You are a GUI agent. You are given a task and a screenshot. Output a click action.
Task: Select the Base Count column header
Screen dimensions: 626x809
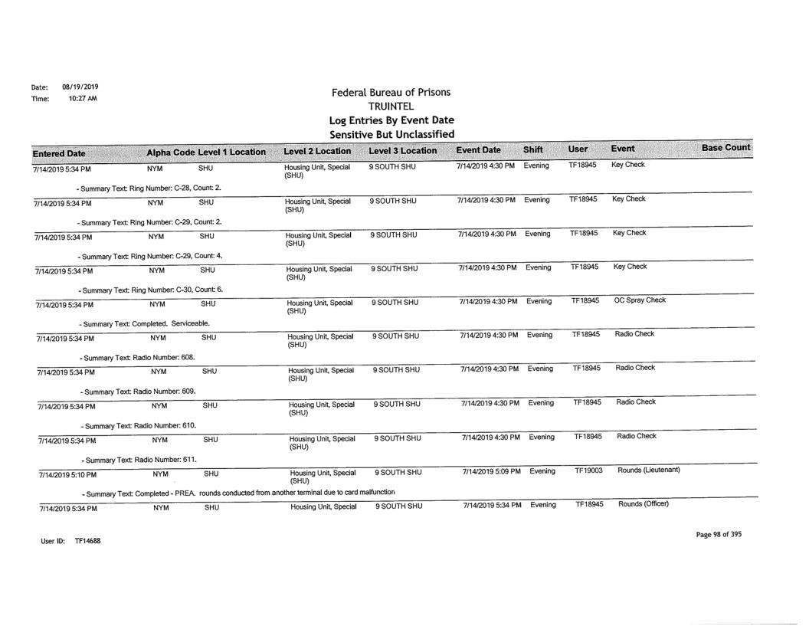[726, 146]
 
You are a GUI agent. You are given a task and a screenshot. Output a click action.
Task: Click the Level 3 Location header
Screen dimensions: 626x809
[401, 149]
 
